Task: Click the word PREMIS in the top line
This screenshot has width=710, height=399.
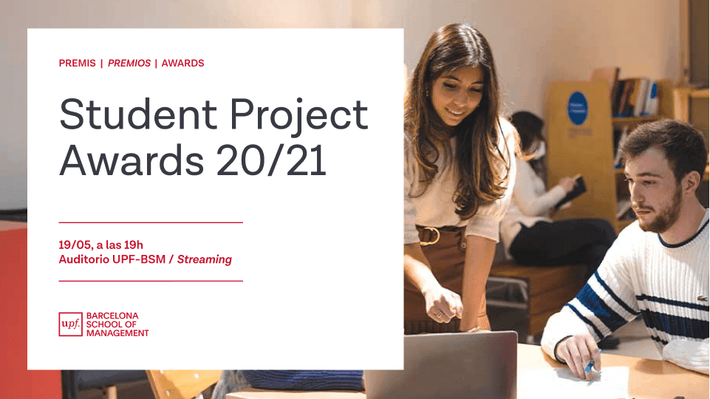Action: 77,64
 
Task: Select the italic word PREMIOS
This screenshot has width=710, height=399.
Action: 129,64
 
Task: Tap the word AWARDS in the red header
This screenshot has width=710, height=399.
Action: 182,64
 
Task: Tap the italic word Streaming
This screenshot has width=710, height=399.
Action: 205,259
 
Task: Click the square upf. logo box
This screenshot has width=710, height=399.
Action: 70,324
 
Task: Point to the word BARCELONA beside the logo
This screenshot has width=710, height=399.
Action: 112,316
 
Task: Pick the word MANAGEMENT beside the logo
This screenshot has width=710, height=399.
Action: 117,333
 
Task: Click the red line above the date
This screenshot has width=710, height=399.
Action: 151,222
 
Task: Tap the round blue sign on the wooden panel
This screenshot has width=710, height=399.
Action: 578,108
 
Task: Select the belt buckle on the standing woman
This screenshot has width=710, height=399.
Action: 429,236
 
